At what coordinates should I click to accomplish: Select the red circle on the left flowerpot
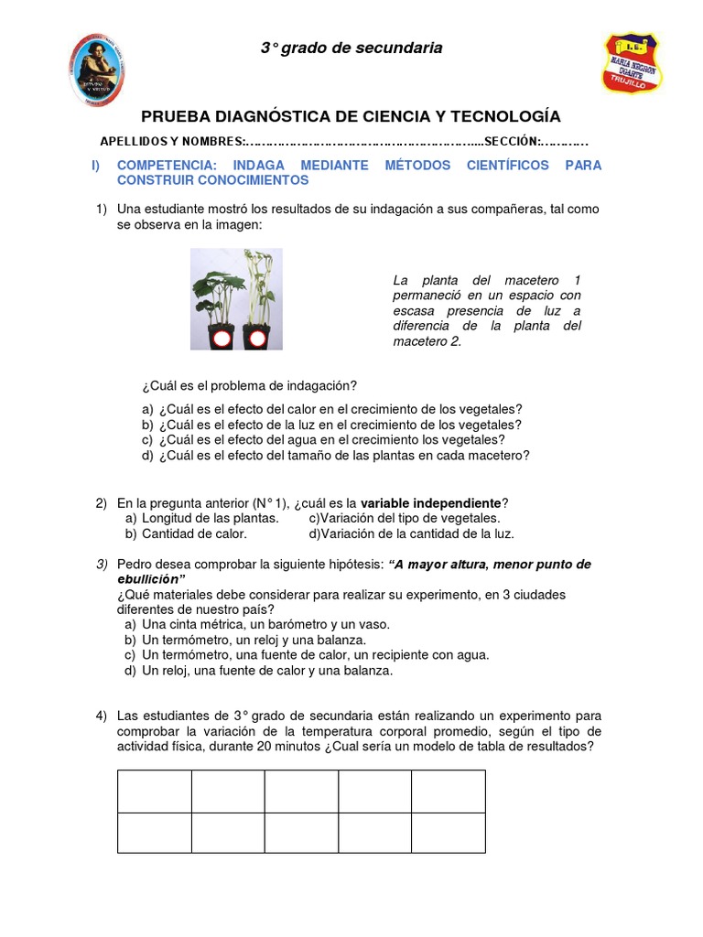tap(221, 339)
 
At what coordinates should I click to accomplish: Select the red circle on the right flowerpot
tap(257, 339)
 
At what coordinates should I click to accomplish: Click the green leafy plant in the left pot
tap(218, 288)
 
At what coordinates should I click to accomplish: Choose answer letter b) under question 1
tap(147, 425)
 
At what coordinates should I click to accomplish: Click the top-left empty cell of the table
tap(154, 791)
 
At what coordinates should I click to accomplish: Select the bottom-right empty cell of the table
tap(448, 833)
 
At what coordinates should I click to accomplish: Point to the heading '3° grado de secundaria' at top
tap(351, 48)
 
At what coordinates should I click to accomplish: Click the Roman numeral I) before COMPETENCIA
tap(96, 166)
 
